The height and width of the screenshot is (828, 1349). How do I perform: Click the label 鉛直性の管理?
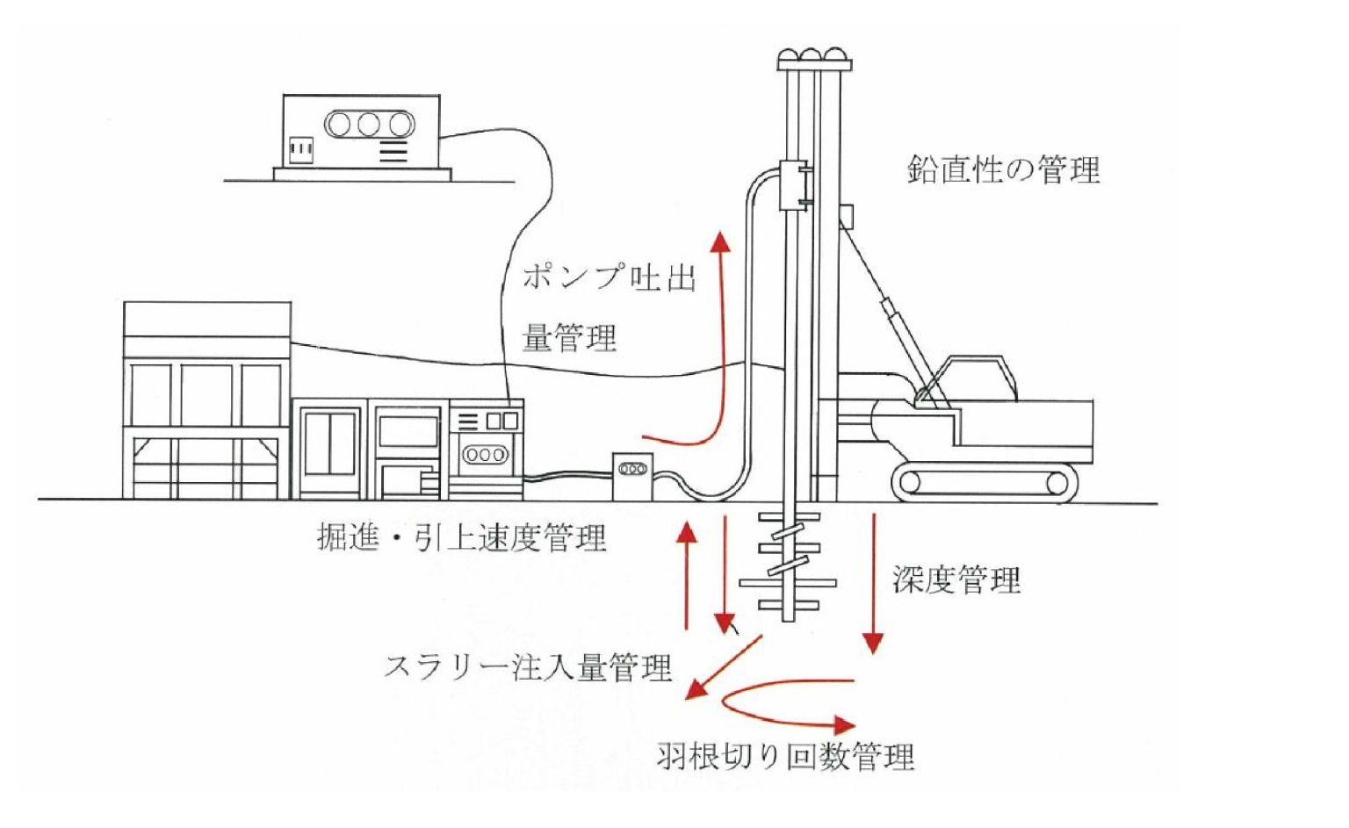click(1003, 169)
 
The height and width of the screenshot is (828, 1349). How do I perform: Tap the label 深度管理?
click(956, 580)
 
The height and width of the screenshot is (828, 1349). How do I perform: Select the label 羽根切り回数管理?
click(785, 756)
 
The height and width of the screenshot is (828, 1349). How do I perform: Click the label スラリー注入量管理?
click(528, 667)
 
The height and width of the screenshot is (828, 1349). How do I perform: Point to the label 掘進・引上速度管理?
click(462, 537)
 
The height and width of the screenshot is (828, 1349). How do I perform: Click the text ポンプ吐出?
click(609, 277)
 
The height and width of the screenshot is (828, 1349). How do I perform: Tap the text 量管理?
click(569, 338)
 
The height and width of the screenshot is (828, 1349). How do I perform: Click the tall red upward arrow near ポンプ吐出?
click(722, 342)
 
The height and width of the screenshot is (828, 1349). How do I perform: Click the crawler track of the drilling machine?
click(985, 482)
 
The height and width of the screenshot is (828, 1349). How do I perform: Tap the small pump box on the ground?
click(633, 475)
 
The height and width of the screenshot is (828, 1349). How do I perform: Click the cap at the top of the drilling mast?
click(814, 60)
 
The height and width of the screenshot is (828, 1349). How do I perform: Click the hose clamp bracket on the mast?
click(795, 184)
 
